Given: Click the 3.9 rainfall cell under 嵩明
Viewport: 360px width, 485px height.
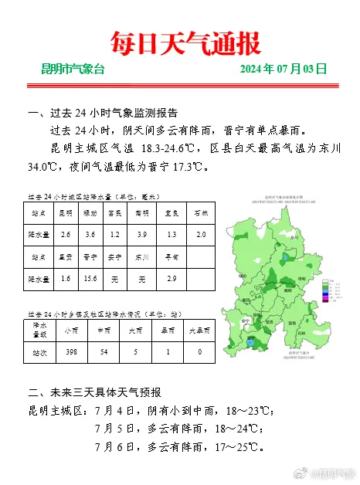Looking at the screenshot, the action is point(141,234).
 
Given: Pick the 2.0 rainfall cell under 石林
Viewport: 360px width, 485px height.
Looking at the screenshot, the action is point(201,234).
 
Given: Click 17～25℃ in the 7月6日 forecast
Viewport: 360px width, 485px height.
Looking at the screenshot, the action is point(239,447).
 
